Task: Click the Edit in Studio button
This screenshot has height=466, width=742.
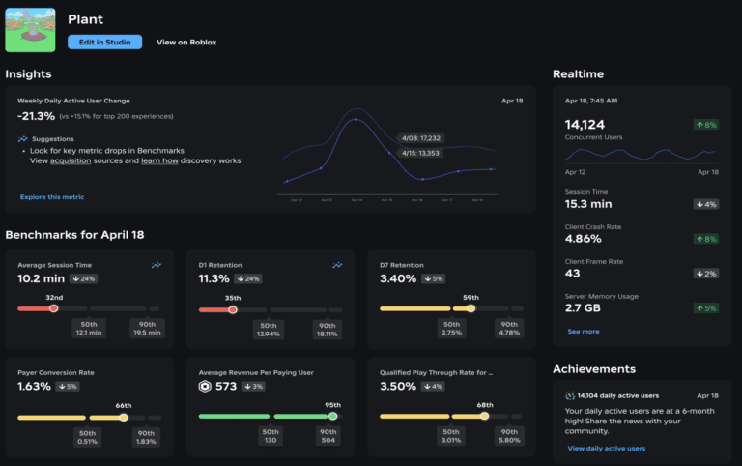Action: pyautogui.click(x=104, y=42)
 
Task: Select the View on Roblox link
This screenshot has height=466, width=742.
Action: pyautogui.click(x=186, y=42)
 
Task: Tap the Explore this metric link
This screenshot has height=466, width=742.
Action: pyautogui.click(x=52, y=196)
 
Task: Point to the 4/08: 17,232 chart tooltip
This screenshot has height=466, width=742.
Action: pyautogui.click(x=418, y=138)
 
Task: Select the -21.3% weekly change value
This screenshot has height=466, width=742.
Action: pyautogui.click(x=36, y=116)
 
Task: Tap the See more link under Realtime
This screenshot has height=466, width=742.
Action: pyautogui.click(x=583, y=331)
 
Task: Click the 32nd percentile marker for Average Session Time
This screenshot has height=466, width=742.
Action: pyautogui.click(x=54, y=308)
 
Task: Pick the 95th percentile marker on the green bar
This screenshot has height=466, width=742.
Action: pyautogui.click(x=332, y=417)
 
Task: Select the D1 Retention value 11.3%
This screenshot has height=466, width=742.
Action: pyautogui.click(x=214, y=278)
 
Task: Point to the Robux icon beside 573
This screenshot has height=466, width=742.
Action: pyautogui.click(x=206, y=387)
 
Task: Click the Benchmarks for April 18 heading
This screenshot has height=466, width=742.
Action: pyautogui.click(x=74, y=235)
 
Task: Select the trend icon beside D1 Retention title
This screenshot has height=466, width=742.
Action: pyautogui.click(x=337, y=264)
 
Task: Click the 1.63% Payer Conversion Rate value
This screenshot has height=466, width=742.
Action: pyautogui.click(x=35, y=387)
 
